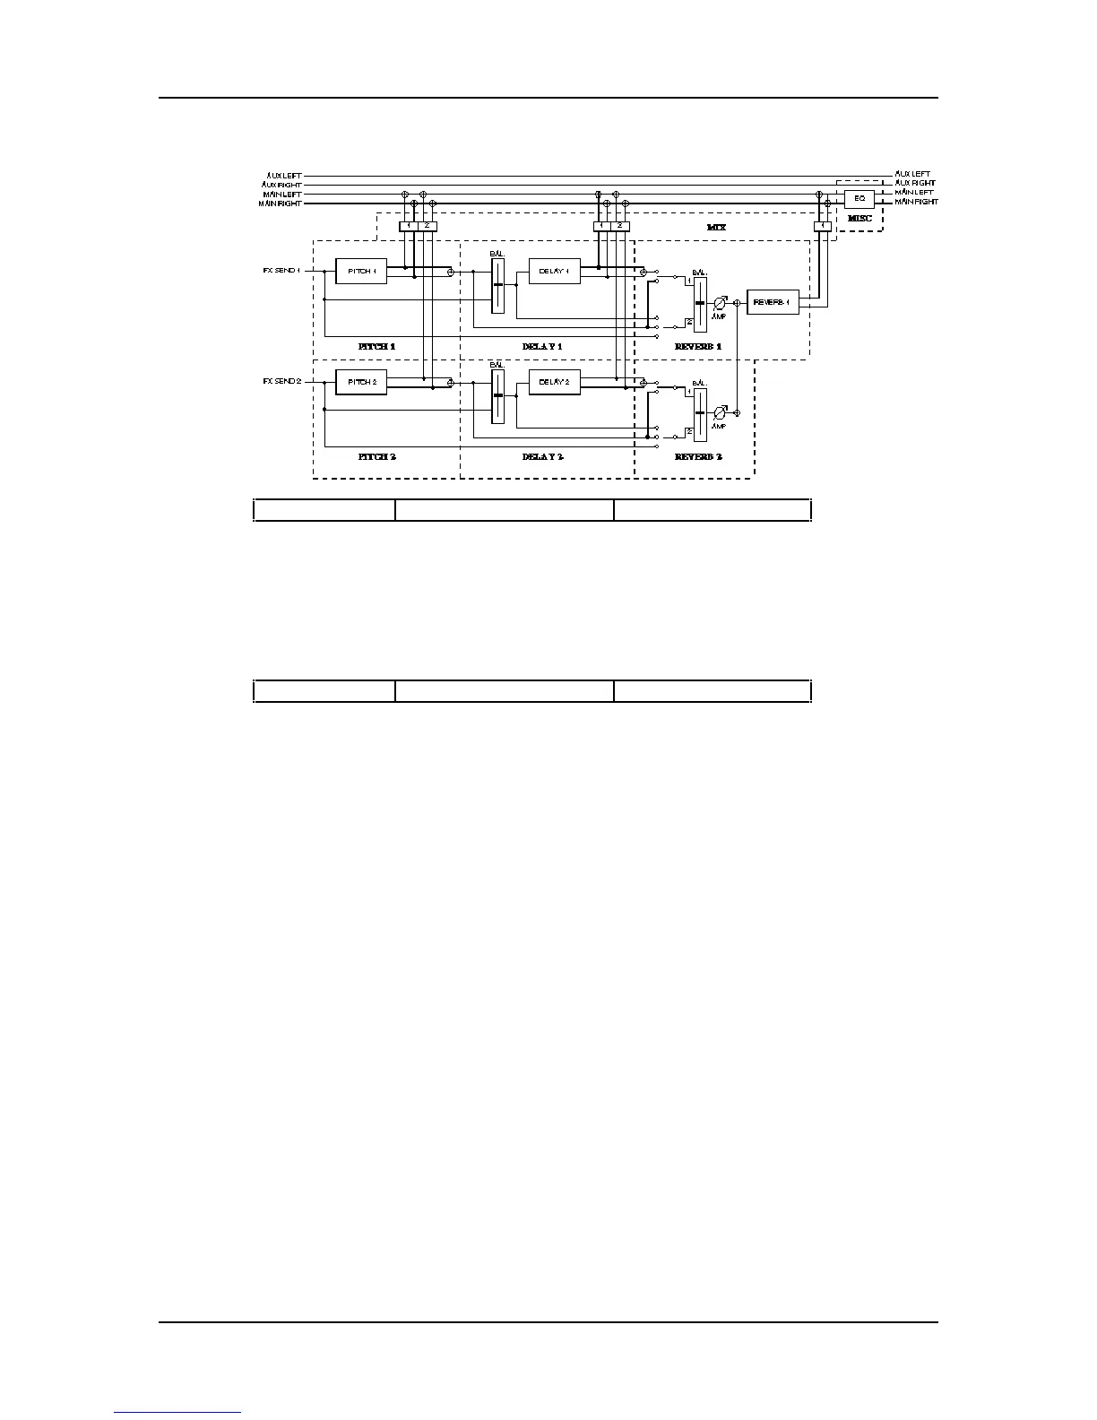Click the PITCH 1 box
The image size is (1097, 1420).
(361, 271)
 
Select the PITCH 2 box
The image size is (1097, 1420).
(361, 382)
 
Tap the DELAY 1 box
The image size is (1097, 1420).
(554, 271)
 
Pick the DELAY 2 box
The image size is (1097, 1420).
(554, 382)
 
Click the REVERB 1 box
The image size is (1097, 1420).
(772, 303)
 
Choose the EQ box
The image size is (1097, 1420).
(859, 198)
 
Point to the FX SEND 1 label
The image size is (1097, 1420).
(281, 270)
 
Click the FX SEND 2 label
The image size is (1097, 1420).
(281, 381)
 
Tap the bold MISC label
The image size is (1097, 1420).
(859, 218)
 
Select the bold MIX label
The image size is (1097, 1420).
(716, 228)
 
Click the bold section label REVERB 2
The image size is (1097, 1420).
(698, 456)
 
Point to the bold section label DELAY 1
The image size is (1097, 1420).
(542, 345)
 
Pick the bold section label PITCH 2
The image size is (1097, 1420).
(376, 456)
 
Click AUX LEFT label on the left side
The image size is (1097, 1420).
(284, 175)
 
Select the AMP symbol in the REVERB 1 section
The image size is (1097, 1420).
(719, 304)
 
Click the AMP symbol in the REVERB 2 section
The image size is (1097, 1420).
(719, 414)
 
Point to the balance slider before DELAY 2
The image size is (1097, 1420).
(497, 395)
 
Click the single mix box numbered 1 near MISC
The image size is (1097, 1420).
(822, 226)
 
